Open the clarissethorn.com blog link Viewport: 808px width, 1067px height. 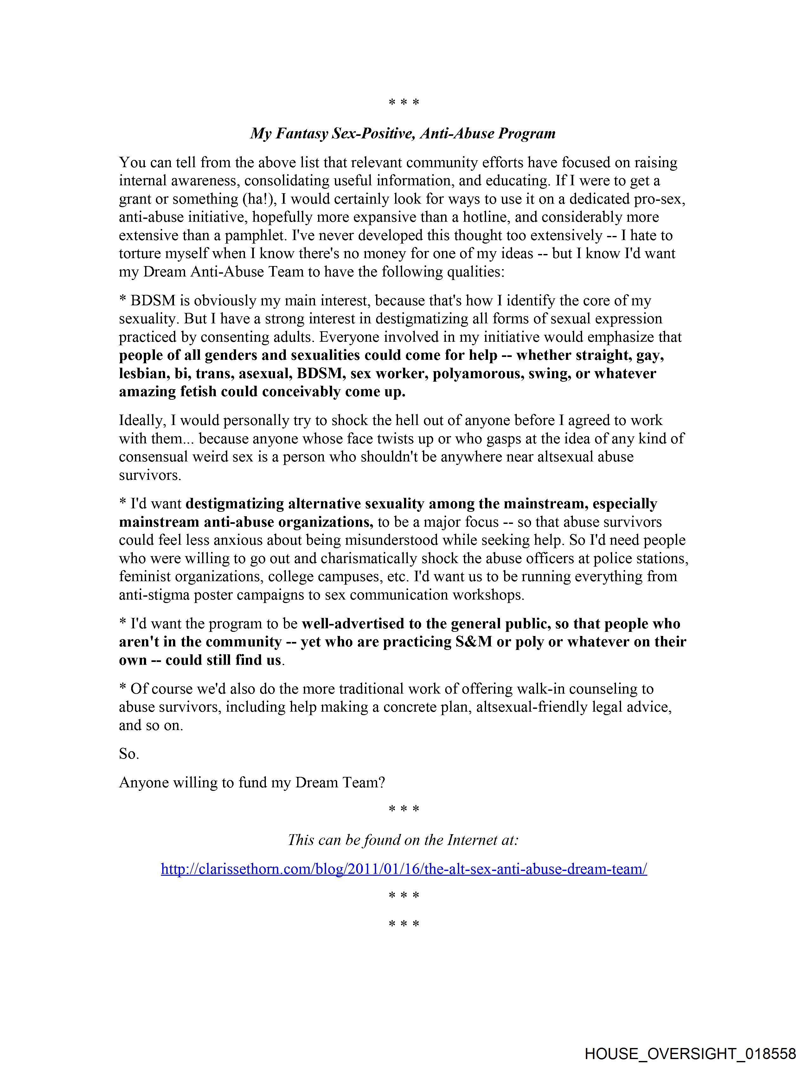coord(403,869)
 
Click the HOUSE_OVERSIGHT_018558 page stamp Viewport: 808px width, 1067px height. coord(690,1053)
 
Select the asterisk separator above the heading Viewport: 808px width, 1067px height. coord(403,103)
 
